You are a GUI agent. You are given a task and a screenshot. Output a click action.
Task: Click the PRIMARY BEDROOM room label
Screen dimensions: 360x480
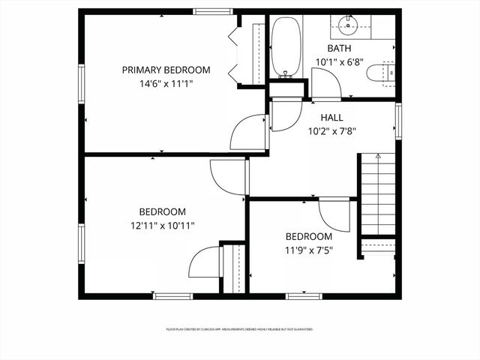[166, 70]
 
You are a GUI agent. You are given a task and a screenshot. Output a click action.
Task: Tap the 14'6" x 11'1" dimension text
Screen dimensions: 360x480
[166, 84]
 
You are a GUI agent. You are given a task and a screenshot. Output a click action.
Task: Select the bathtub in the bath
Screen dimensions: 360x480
[284, 47]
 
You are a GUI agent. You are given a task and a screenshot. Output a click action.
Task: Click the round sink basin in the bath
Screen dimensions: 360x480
[348, 25]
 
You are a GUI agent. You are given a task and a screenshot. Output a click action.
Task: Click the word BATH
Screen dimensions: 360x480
[339, 49]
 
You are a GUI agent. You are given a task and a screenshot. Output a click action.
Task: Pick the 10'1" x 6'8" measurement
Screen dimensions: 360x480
[339, 62]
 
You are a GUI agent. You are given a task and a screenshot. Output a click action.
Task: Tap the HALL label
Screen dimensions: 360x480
[331, 118]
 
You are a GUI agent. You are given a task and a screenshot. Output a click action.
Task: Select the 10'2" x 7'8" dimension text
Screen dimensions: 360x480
[331, 130]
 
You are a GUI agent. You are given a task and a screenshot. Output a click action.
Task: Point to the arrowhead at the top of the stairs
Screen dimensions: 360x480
[378, 156]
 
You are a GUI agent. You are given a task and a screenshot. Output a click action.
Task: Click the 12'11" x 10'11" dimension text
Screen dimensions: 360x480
[162, 225]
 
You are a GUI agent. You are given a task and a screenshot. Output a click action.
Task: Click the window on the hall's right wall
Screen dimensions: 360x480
[398, 121]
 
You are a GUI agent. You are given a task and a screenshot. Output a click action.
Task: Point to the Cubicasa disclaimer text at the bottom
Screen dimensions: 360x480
[239, 329]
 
